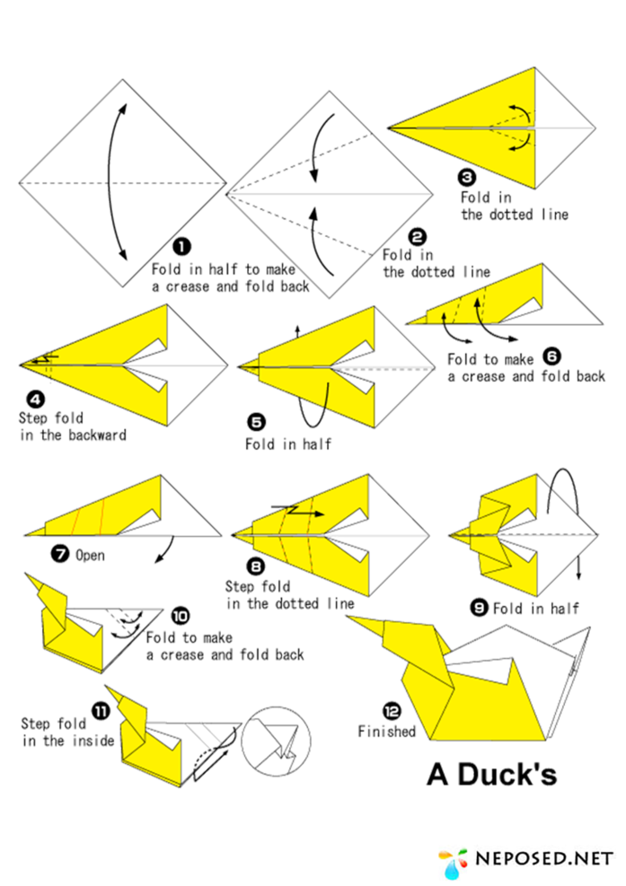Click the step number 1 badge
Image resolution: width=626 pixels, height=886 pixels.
click(181, 246)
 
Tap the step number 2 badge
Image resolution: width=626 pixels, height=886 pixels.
click(418, 237)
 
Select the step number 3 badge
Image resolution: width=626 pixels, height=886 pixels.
click(467, 178)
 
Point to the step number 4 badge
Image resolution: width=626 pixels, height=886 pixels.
click(36, 400)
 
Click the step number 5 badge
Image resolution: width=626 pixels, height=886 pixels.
click(256, 422)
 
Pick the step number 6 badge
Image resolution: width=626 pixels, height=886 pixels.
click(551, 356)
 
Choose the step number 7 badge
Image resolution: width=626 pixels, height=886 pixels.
click(60, 555)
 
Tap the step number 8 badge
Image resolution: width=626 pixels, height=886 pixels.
click(256, 566)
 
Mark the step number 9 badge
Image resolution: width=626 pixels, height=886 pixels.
click(480, 608)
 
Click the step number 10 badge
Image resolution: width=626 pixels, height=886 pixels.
click(181, 616)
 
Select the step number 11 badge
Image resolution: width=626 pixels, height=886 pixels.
click(101, 710)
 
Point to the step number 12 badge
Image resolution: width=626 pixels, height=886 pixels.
click(392, 711)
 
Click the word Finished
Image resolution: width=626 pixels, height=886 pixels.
click(387, 732)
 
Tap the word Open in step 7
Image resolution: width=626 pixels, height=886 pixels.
click(91, 556)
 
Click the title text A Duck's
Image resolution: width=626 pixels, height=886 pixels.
click(492, 774)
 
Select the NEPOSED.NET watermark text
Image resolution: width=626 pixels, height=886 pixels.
click(544, 859)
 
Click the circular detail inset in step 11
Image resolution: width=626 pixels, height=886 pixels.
click(276, 741)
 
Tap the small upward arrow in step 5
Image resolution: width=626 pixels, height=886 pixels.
click(297, 331)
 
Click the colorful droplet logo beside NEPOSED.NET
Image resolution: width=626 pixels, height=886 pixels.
click(454, 863)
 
